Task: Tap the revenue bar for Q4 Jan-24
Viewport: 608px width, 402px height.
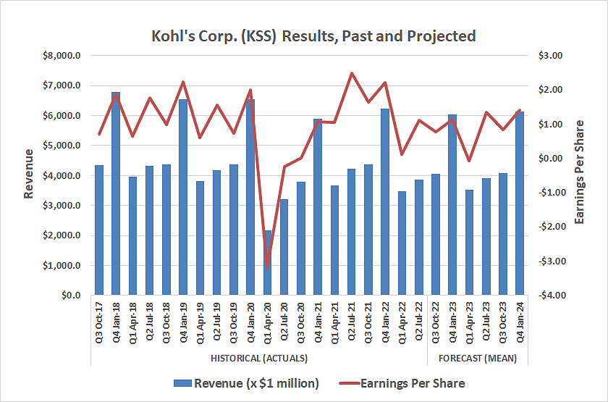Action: tap(520, 204)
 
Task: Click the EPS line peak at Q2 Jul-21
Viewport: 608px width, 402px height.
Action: tap(352, 73)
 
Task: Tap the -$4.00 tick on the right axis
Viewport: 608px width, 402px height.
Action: tap(549, 296)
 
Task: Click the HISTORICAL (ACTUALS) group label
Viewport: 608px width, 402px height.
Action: tap(259, 359)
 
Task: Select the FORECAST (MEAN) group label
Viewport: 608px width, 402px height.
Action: tap(477, 359)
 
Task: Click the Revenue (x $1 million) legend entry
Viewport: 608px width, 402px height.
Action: tap(246, 383)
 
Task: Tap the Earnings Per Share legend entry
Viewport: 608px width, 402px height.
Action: tap(410, 383)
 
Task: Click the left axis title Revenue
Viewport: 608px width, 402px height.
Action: tap(29, 174)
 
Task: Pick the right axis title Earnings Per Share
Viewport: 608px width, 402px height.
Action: tap(579, 174)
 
